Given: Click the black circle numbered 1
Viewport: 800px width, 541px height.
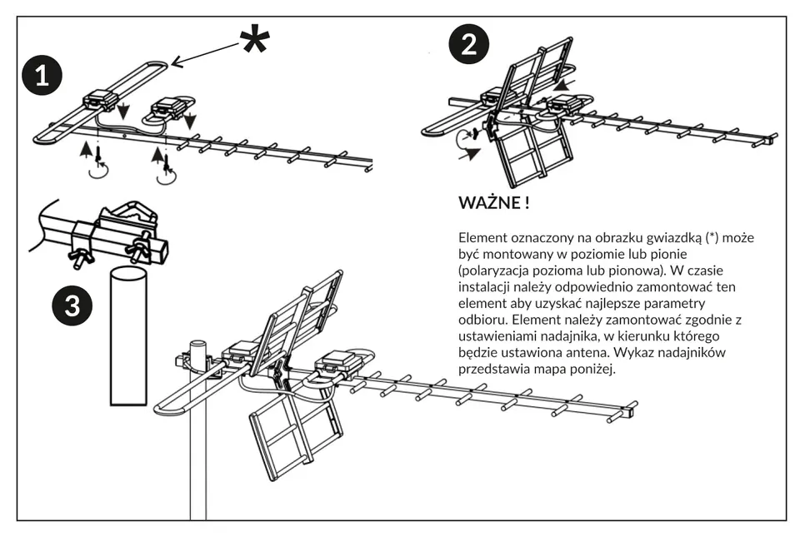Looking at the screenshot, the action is (x=42, y=76).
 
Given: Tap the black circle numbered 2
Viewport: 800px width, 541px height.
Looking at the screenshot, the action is (x=469, y=44).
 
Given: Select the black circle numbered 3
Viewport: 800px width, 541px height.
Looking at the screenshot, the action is (x=72, y=306).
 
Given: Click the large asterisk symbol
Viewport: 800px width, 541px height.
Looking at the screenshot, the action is (x=255, y=40).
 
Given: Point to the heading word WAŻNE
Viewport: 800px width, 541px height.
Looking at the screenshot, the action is (x=489, y=203).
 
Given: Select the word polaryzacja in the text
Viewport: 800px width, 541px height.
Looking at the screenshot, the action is (x=497, y=270).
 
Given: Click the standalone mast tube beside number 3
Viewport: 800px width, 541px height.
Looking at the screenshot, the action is (x=128, y=335).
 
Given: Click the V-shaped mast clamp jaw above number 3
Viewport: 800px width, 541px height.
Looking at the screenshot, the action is (x=131, y=211).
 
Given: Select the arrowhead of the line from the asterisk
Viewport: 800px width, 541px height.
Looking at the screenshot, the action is (x=177, y=62).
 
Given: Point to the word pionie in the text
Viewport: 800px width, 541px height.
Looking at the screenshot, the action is (x=669, y=254).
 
